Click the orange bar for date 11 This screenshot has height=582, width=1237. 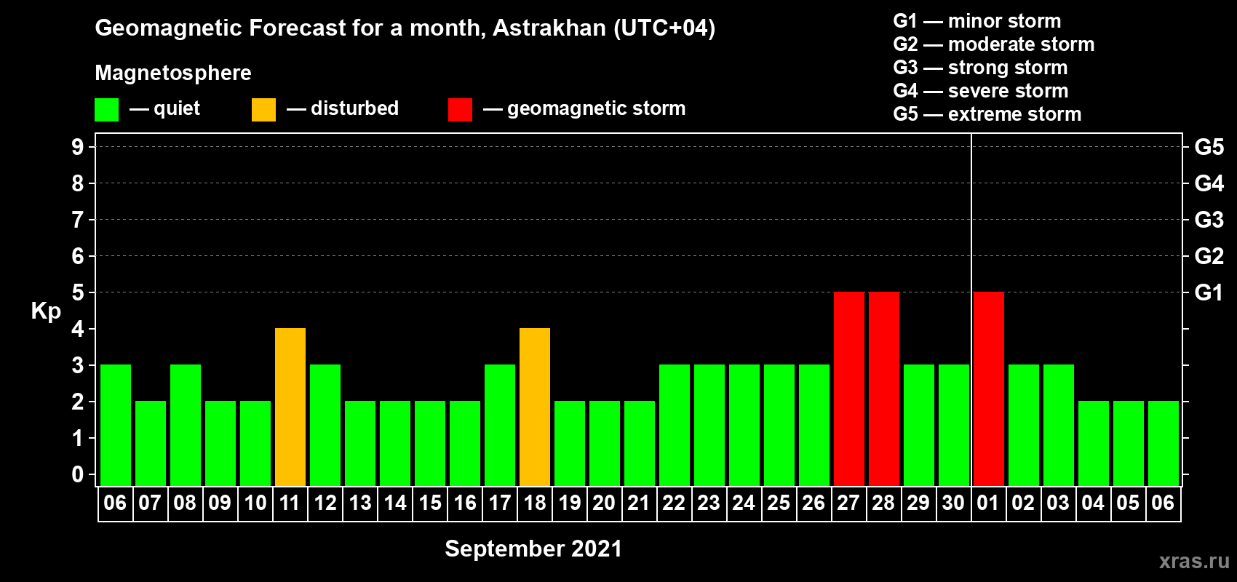(x=290, y=407)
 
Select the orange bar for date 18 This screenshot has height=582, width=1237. (x=535, y=407)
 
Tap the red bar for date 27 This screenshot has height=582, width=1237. (x=848, y=388)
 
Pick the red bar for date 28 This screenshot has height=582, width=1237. (x=884, y=388)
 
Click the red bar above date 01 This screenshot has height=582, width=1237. (x=988, y=388)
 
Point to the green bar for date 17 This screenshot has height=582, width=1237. (x=500, y=425)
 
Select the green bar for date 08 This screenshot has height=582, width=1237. (x=186, y=425)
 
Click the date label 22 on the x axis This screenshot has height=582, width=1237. (x=674, y=503)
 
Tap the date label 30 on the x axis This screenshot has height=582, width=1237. (x=953, y=503)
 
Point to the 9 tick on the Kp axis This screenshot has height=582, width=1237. (x=77, y=147)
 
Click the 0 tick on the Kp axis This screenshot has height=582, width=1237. (x=77, y=474)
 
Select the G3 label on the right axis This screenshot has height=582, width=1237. (x=1209, y=220)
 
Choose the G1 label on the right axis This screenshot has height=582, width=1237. (x=1209, y=292)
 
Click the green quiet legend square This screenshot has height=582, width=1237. (x=106, y=109)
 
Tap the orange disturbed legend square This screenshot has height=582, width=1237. (x=263, y=109)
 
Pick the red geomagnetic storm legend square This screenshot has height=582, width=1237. (x=460, y=109)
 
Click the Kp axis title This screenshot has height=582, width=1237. (x=46, y=311)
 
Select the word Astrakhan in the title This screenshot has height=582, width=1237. (x=549, y=28)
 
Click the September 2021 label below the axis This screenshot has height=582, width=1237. (x=533, y=549)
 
